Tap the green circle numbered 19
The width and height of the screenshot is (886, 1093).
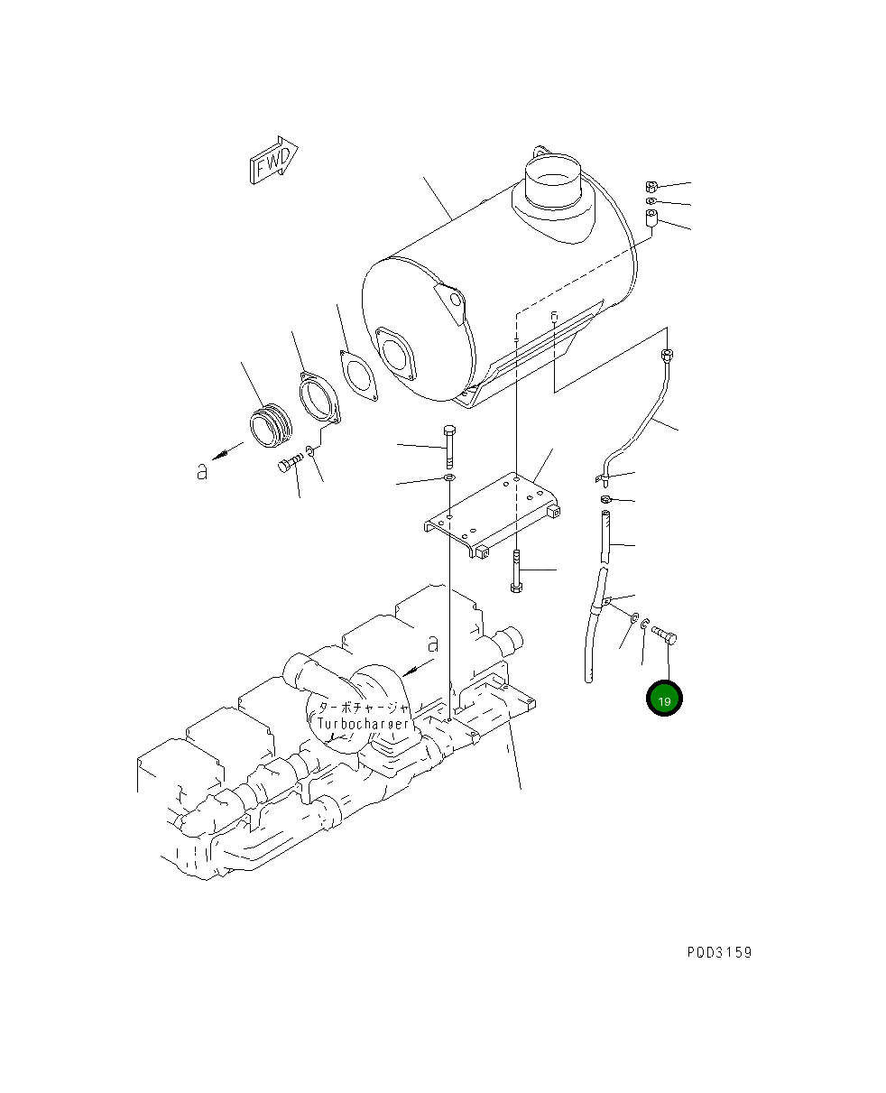664,699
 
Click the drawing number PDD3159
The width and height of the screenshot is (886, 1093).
718,952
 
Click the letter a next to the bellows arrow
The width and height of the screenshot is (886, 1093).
203,470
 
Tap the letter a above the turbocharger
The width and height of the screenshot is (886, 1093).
433,644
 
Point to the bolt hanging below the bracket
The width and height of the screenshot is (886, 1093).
516,570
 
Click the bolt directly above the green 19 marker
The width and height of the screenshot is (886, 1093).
666,634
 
